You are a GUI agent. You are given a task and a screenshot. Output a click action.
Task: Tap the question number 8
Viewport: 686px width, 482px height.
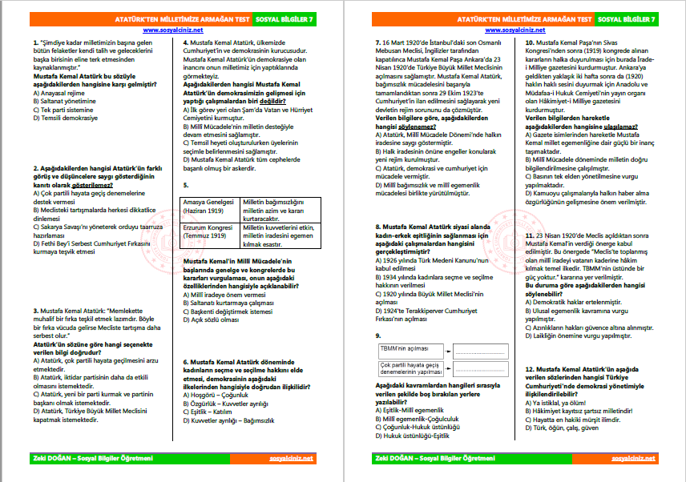[377, 227]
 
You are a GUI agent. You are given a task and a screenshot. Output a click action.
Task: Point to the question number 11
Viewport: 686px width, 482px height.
[530, 236]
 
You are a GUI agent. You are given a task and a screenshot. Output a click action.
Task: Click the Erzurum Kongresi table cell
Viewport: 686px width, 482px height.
[212, 233]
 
